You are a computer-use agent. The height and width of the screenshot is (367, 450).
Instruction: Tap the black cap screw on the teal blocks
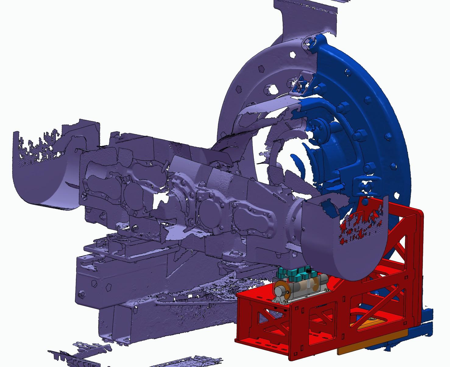(309, 270)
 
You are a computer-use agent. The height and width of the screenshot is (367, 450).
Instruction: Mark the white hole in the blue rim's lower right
(397, 195)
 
